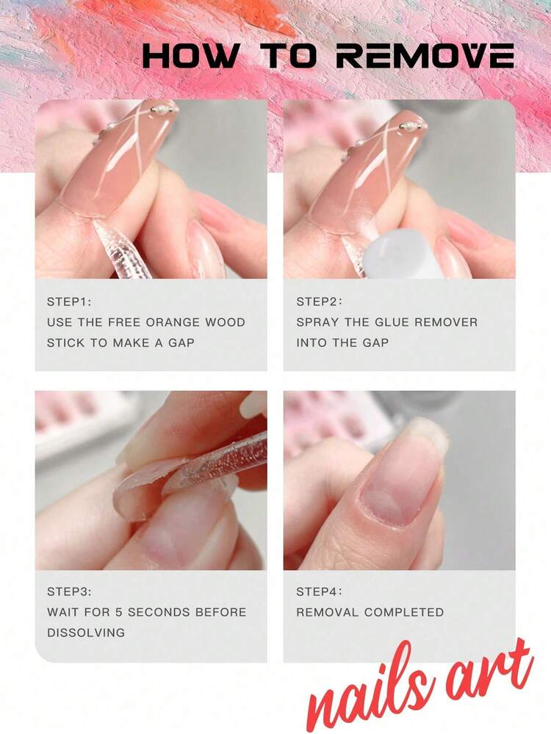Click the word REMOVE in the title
tap(425, 56)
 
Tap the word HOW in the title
tap(190, 56)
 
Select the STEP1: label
tap(69, 302)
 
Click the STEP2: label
tap(319, 302)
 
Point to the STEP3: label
tap(69, 591)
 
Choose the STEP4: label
tap(319, 591)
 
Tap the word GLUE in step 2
tap(393, 323)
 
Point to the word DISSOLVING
tap(86, 633)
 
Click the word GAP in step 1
tap(181, 343)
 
